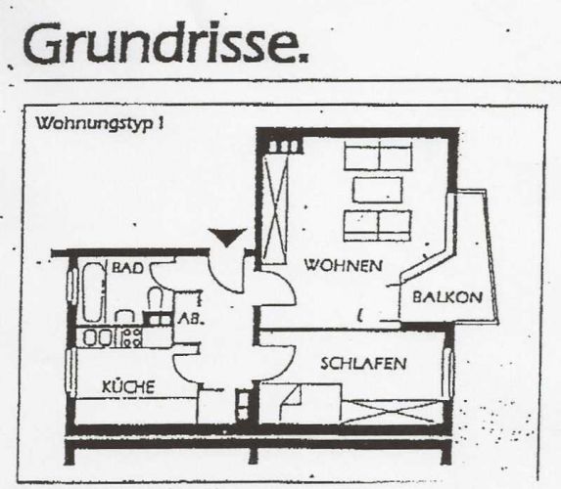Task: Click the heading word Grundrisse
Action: click(x=165, y=42)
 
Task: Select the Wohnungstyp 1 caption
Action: click(x=100, y=123)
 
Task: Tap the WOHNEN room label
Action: click(x=343, y=266)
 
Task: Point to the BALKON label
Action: click(x=447, y=297)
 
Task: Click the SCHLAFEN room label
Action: click(x=363, y=364)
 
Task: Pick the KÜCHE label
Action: click(x=128, y=386)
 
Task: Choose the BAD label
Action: click(x=127, y=268)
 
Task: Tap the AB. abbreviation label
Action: click(x=191, y=319)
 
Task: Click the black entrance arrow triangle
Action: click(x=228, y=237)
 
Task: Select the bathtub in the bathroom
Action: click(x=94, y=292)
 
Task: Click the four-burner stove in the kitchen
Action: click(x=131, y=337)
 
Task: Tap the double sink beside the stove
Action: click(x=97, y=337)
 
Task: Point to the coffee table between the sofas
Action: click(x=378, y=190)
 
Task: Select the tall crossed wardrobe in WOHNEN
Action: click(x=275, y=209)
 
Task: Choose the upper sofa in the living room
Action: click(x=378, y=156)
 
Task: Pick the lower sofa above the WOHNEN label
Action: click(x=377, y=226)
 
